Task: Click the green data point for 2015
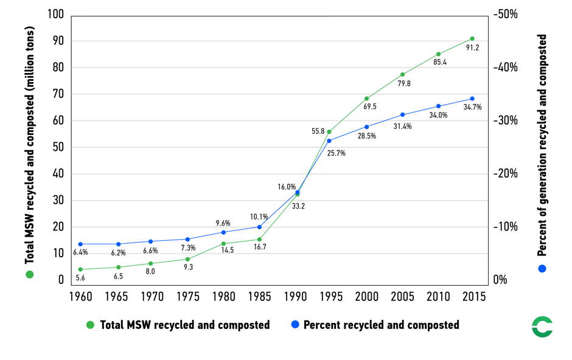[x=472, y=39]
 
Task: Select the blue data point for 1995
[x=329, y=141]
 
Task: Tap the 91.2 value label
[x=472, y=48]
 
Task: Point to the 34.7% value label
[x=472, y=107]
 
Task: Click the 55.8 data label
[x=318, y=131]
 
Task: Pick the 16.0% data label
[x=287, y=187]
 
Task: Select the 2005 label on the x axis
[x=402, y=297]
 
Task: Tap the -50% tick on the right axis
[x=505, y=15]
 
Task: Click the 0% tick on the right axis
[x=500, y=280]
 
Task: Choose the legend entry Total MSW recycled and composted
[x=178, y=325]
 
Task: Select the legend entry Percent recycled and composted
[x=374, y=325]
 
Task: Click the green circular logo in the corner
[x=542, y=327]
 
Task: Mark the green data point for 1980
[x=223, y=244]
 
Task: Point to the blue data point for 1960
[x=80, y=244]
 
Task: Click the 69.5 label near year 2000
[x=369, y=106]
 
